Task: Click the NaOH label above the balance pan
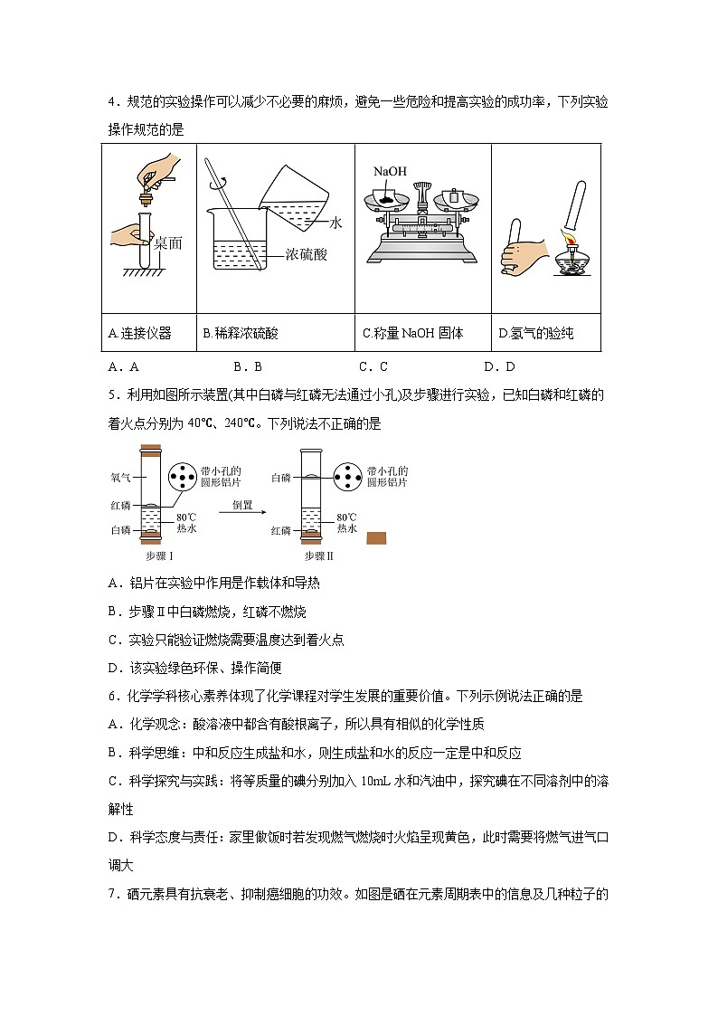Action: [389, 171]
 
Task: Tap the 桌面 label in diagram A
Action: [168, 242]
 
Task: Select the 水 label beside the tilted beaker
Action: [336, 221]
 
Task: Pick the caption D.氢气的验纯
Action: [536, 333]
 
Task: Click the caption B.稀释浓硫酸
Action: [241, 333]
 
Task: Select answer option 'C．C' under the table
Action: [373, 366]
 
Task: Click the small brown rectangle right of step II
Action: [376, 538]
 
